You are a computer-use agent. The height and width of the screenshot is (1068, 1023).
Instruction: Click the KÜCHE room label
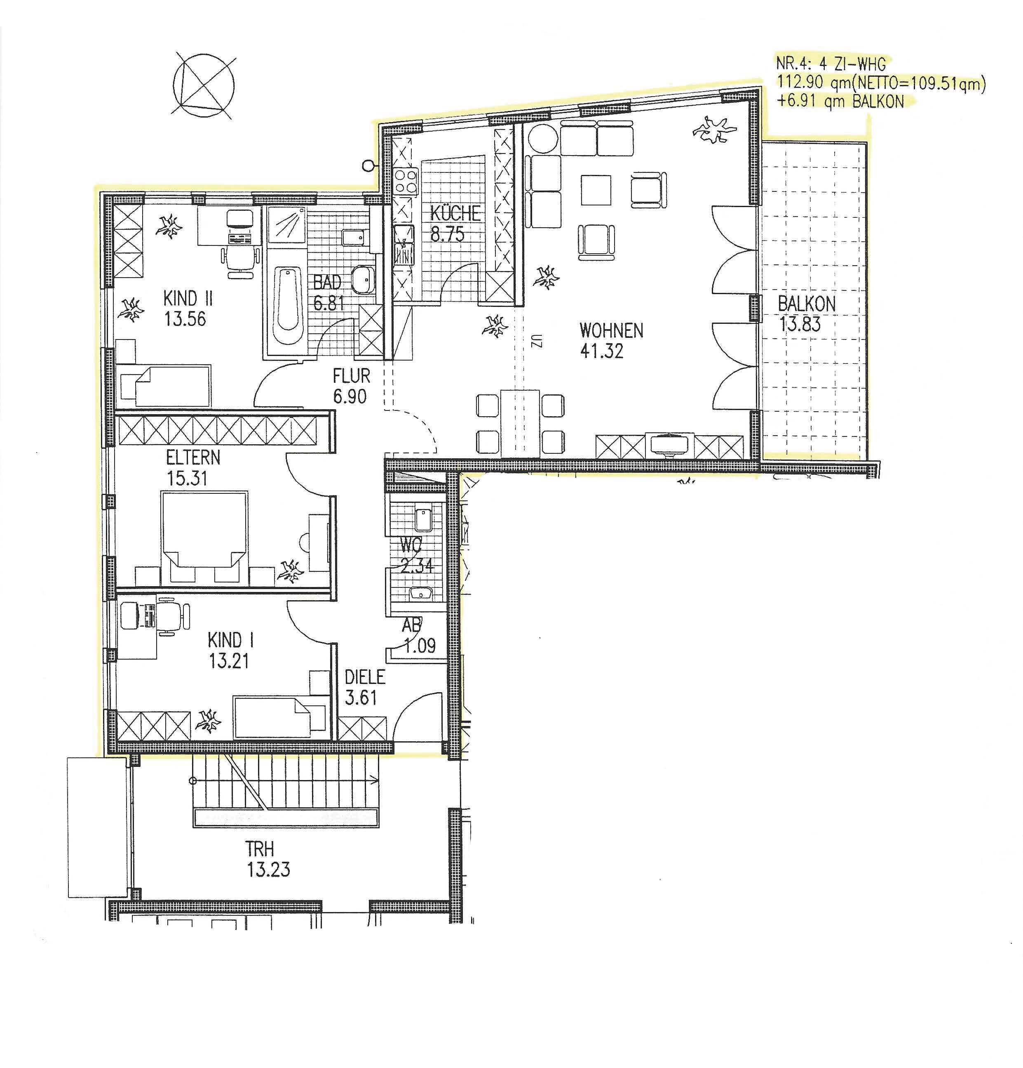click(x=455, y=212)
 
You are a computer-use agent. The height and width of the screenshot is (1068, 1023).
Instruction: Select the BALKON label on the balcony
click(x=806, y=304)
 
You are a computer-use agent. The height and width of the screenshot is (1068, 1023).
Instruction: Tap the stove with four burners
click(x=406, y=182)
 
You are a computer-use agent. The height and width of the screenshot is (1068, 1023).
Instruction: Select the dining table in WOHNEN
click(x=520, y=422)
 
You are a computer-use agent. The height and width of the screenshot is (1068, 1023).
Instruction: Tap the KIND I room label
click(x=231, y=640)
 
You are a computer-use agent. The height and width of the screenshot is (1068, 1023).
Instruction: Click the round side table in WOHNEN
click(x=542, y=139)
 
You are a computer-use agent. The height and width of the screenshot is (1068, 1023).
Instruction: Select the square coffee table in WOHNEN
click(x=596, y=190)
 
